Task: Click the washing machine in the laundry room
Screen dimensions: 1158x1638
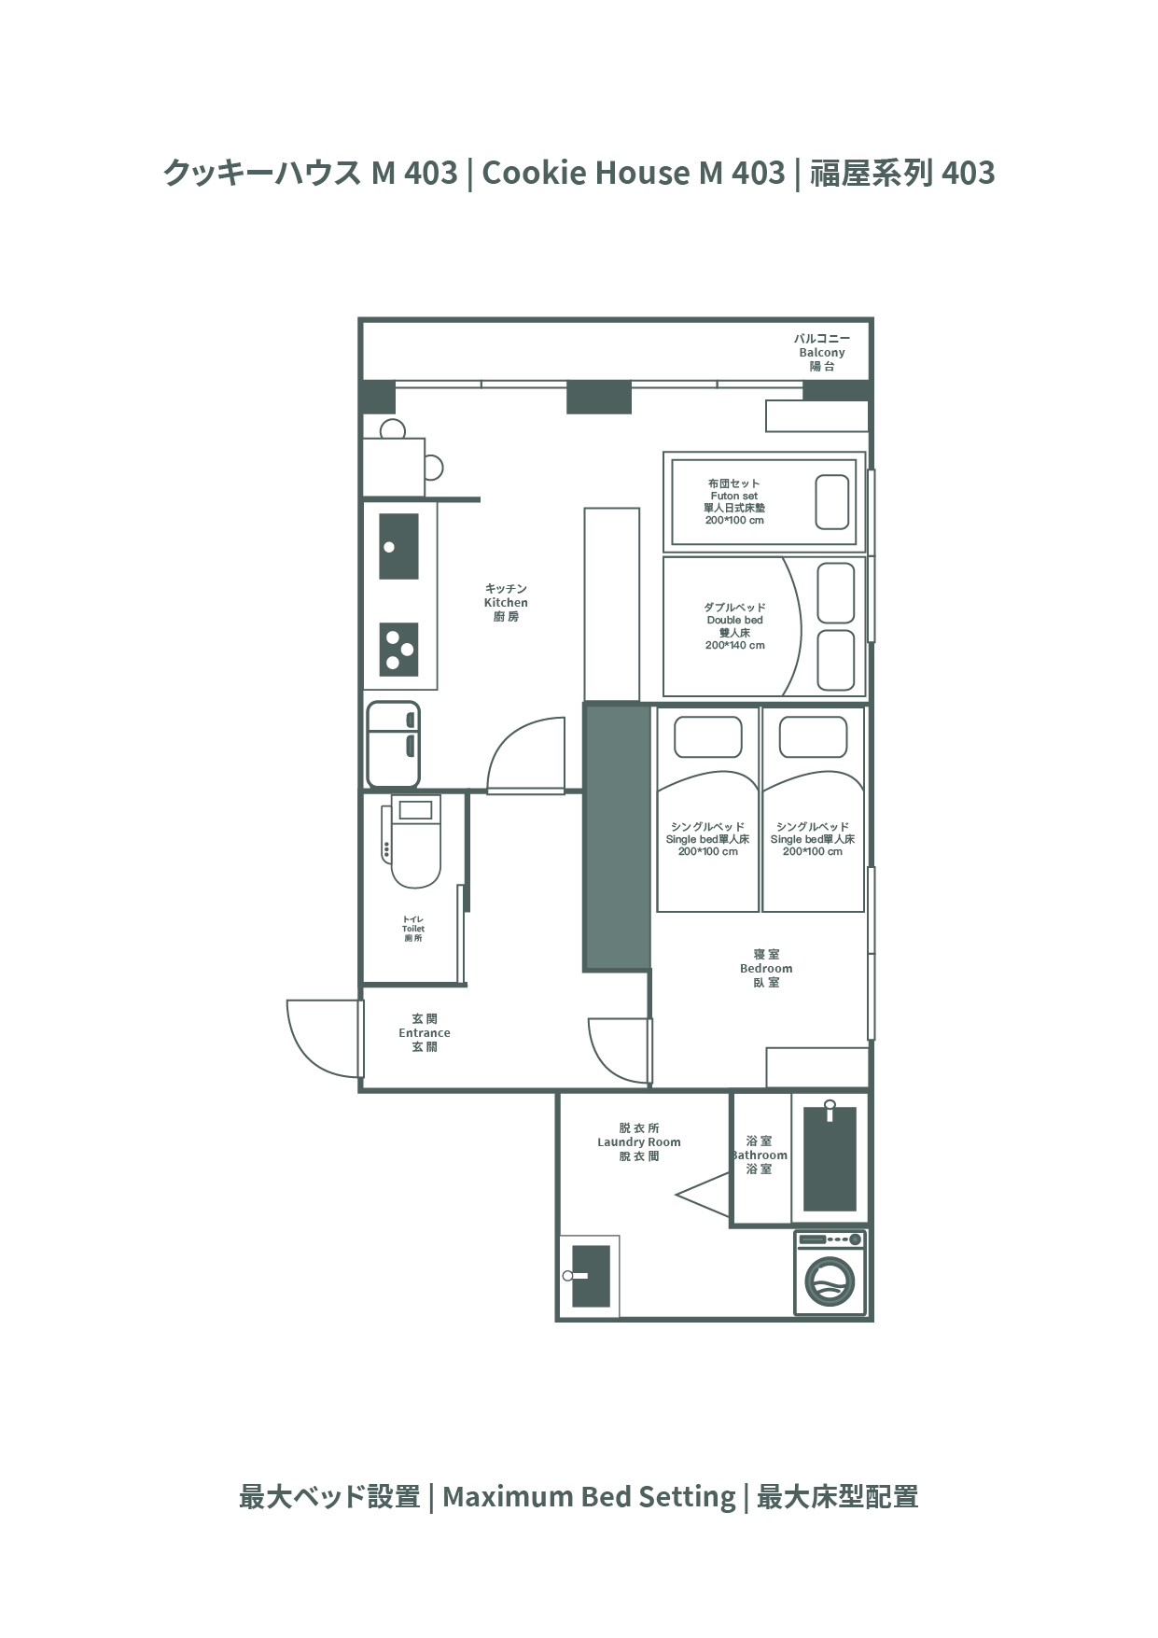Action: (830, 1272)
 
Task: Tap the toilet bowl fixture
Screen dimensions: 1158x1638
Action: (412, 842)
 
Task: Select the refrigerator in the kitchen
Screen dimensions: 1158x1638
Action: (393, 745)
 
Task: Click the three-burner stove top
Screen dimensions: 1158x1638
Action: (399, 649)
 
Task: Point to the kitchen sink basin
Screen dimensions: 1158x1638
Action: (398, 546)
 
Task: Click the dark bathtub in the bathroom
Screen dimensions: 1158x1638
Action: (830, 1158)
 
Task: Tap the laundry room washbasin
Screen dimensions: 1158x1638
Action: (589, 1276)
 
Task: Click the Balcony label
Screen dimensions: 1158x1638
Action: (822, 352)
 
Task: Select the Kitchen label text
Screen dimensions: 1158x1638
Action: (506, 602)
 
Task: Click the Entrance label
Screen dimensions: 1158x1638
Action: (425, 1032)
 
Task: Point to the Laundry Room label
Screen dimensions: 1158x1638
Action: (639, 1141)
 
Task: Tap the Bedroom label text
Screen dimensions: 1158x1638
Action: (766, 968)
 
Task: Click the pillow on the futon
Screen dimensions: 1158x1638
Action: (832, 502)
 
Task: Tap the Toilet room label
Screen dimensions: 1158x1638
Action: (413, 929)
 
